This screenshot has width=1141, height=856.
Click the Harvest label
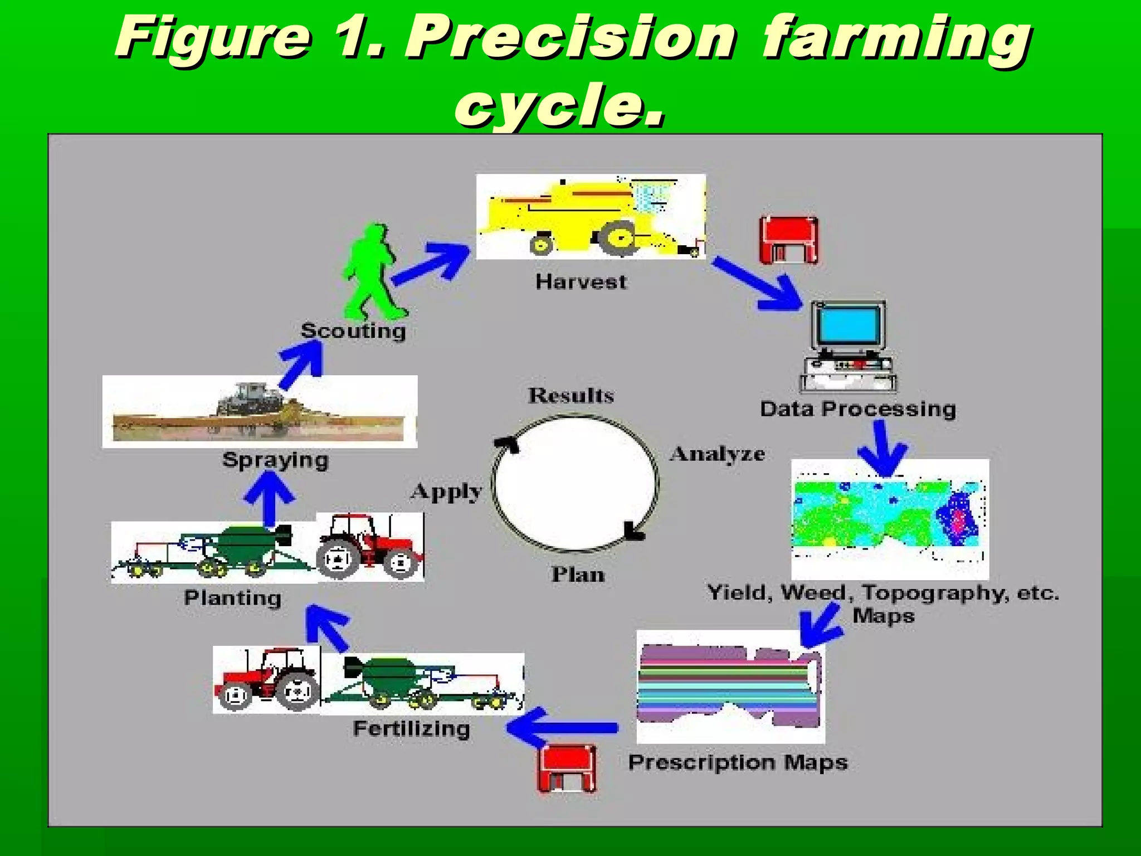coord(581,282)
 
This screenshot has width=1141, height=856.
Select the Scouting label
coord(353,331)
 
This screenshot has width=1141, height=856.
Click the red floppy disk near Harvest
coord(789,240)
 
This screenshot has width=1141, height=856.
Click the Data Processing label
coord(858,409)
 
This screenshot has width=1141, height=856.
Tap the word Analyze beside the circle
coord(718,454)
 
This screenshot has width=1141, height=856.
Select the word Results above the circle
coord(571,396)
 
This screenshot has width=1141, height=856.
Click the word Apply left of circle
coord(447,492)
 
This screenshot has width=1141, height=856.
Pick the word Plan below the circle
coord(578,575)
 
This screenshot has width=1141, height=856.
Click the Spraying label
coord(275,460)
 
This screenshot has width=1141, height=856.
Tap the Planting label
coord(233,599)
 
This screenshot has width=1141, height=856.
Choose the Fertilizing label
coord(412,729)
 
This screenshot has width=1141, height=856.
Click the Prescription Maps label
coord(738,762)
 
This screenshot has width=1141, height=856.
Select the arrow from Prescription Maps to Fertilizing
coord(563,727)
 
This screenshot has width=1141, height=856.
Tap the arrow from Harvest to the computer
coord(758,284)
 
